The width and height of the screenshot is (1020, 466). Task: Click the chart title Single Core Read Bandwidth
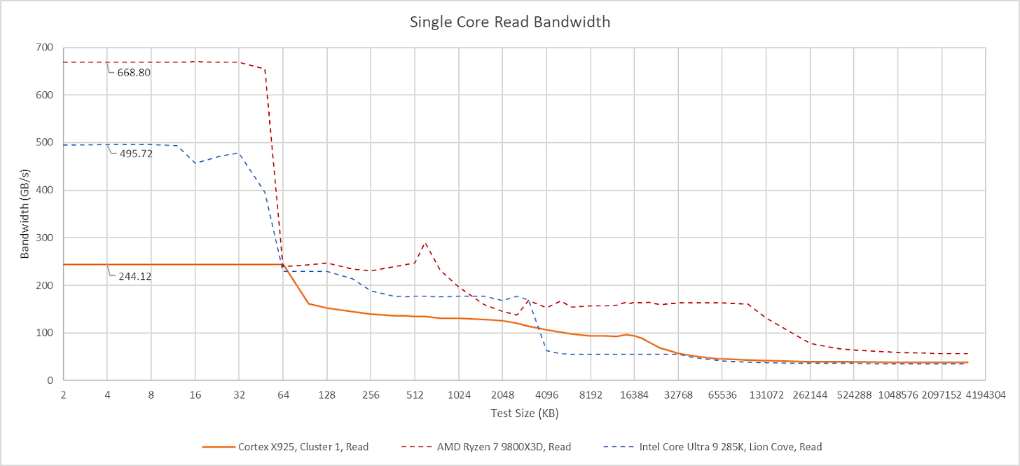(510, 22)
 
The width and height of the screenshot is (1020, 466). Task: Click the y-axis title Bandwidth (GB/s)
(25, 214)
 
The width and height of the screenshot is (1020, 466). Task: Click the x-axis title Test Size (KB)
(524, 413)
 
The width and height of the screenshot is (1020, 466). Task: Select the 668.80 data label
(134, 72)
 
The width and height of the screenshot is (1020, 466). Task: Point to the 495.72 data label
(134, 153)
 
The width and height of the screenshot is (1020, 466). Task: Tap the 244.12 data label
(134, 276)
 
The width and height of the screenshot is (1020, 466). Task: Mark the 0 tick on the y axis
(49, 381)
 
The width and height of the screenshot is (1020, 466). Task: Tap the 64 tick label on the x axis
(283, 395)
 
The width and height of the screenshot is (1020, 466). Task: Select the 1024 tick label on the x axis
(459, 395)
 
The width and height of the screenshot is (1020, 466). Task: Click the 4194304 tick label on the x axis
(986, 395)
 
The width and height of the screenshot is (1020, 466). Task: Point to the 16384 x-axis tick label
(635, 395)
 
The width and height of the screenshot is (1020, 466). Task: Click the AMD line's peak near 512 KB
(425, 242)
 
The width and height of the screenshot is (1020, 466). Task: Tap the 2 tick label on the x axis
(63, 395)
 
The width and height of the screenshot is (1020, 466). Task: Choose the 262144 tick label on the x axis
(811, 395)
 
